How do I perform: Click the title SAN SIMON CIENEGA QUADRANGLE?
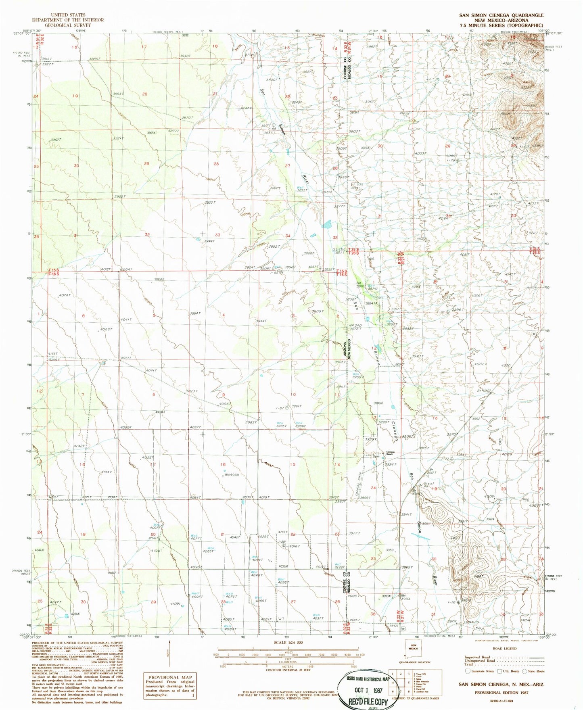(x=501, y=15)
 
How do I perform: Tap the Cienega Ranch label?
(x=390, y=453)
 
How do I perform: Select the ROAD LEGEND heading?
(x=504, y=648)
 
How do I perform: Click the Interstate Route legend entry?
(x=480, y=671)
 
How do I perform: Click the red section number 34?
(x=288, y=236)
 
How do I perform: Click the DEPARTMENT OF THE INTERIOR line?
(x=68, y=20)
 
